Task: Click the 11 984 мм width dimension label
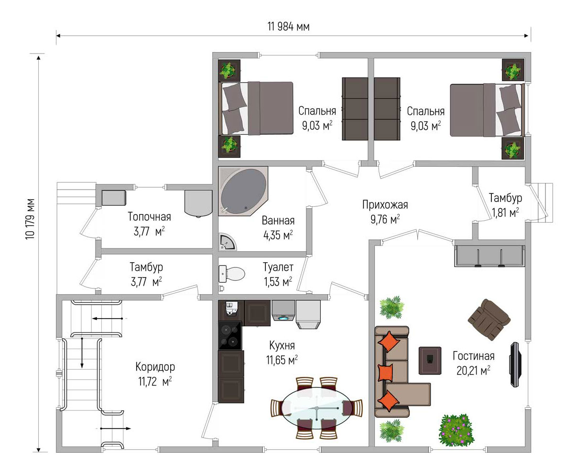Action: (x=288, y=27)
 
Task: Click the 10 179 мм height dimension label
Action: (x=30, y=219)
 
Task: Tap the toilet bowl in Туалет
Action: (x=235, y=274)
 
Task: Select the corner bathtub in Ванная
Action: (x=243, y=191)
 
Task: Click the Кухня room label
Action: (x=282, y=345)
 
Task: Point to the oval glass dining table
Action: (x=316, y=408)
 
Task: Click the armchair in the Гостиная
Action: (x=489, y=320)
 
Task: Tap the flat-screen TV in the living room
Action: (x=515, y=364)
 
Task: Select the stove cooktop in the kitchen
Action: (x=230, y=335)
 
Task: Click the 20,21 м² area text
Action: (x=473, y=371)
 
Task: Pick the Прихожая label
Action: (x=385, y=205)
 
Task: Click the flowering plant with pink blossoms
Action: (x=457, y=430)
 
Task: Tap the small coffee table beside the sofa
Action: (x=430, y=361)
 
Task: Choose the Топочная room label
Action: (x=149, y=217)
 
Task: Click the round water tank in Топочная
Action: (x=198, y=203)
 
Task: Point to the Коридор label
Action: (x=155, y=367)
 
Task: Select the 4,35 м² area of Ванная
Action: (x=278, y=235)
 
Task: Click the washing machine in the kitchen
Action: (x=283, y=310)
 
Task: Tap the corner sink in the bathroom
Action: (x=228, y=242)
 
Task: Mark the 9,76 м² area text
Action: (x=385, y=219)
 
